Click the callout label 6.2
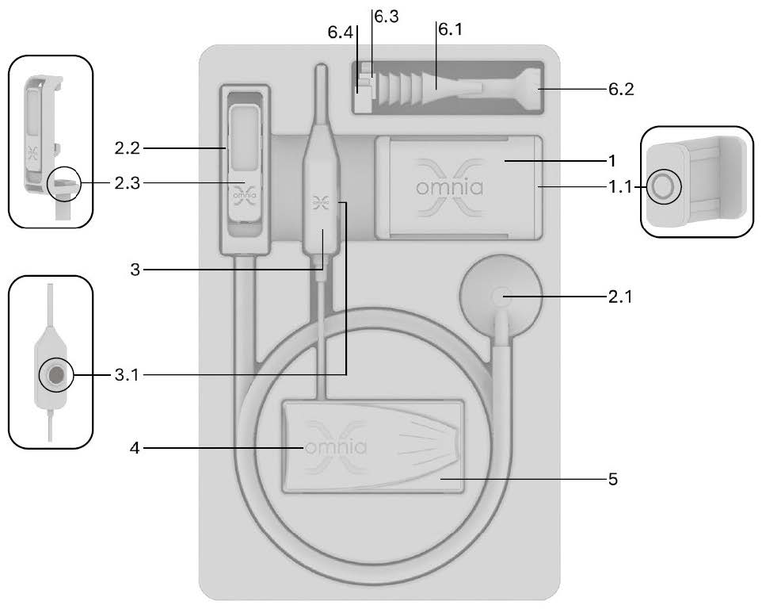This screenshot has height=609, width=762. point(621,90)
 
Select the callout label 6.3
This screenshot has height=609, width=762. point(386,16)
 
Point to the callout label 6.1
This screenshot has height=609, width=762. point(453,29)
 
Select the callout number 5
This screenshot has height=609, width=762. point(615,479)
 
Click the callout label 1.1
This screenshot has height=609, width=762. point(621,187)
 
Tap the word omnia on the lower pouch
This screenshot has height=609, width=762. point(335,447)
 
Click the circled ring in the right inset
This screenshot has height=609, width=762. point(662,187)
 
